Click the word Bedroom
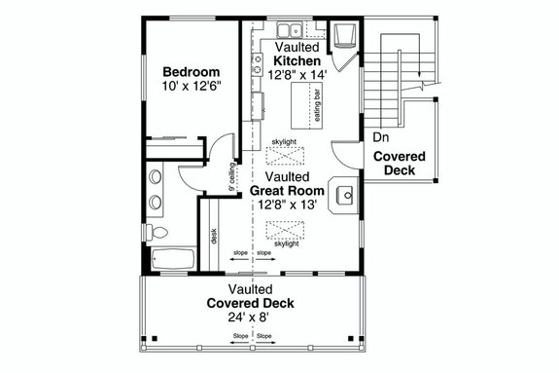click(x=191, y=72)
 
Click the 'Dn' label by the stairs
click(x=380, y=136)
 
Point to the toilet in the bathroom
click(x=161, y=234)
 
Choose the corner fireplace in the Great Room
click(x=343, y=194)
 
